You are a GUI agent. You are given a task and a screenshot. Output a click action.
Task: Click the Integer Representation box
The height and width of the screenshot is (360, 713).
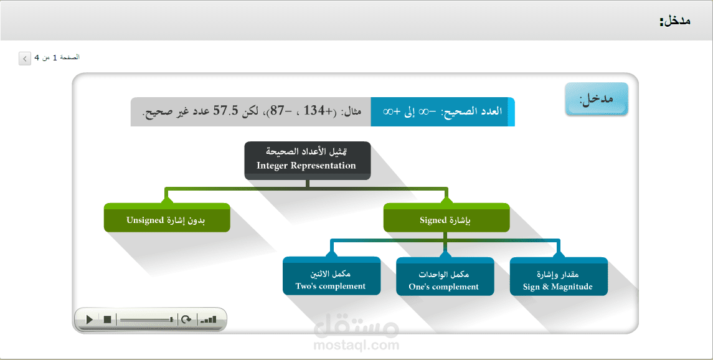pos(308,161)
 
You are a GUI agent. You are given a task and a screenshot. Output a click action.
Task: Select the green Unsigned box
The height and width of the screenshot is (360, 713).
pos(167,218)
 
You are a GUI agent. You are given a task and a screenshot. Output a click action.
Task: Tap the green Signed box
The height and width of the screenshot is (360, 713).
pos(446,218)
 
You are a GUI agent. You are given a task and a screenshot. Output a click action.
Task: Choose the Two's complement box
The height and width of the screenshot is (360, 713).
pos(331,276)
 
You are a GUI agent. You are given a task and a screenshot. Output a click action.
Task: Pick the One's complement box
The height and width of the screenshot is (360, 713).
pos(445,277)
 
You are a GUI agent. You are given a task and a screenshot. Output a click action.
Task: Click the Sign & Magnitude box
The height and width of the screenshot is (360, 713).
pos(559,277)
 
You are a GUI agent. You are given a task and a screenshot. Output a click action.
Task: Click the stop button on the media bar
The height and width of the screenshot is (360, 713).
pos(107,320)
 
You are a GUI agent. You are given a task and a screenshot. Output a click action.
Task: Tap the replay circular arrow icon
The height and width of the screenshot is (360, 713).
pos(186,320)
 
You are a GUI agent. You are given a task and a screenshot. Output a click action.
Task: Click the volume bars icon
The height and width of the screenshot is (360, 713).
pos(208,320)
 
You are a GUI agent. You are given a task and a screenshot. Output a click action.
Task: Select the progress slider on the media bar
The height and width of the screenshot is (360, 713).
pos(146,320)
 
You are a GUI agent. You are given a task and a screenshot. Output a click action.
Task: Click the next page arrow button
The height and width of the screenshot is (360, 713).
pos(24,59)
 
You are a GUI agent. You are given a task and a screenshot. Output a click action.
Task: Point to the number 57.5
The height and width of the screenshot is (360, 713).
pos(226,110)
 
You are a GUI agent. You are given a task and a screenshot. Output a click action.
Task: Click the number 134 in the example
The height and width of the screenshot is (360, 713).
pos(314,110)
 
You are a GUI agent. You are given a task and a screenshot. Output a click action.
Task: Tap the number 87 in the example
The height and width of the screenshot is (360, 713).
pos(278,110)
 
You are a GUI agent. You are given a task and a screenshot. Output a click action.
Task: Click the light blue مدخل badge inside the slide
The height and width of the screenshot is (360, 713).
pos(597,98)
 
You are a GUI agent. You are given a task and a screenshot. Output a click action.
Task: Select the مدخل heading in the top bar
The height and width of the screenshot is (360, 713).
pos(675,21)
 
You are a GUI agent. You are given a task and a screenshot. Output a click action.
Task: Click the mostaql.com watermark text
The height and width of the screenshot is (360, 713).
pos(356,346)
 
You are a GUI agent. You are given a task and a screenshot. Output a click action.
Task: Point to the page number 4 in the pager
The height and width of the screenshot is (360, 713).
pos(37,58)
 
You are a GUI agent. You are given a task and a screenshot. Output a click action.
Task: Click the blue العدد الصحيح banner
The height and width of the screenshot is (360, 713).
pos(443,111)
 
